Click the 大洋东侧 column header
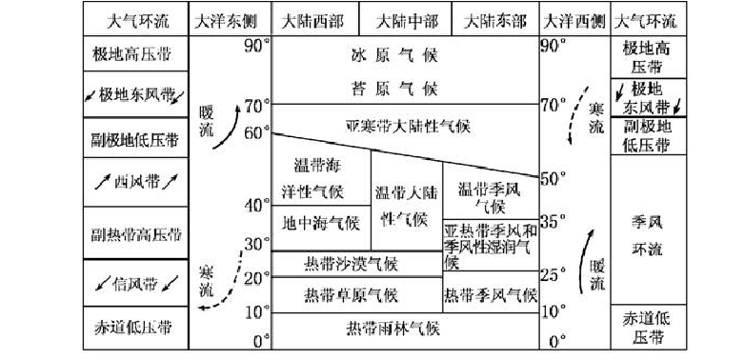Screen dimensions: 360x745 pyautogui.click(x=230, y=21)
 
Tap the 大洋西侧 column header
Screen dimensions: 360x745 pyautogui.click(x=574, y=21)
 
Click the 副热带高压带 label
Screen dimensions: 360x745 pyautogui.click(x=135, y=233)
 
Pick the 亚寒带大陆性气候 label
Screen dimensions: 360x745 pyautogui.click(x=407, y=125)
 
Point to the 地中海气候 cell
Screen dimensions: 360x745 pyautogui.click(x=321, y=224)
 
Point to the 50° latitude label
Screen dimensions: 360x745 pyautogui.click(x=554, y=178)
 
